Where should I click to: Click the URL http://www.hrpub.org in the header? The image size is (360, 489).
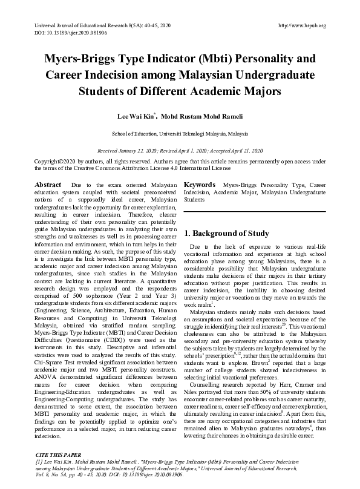tap(301, 25)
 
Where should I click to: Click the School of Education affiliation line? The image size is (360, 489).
tap(180, 133)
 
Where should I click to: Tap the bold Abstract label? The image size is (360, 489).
tap(48, 184)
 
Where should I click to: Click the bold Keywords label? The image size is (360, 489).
tap(200, 184)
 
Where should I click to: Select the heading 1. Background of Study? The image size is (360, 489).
tap(227, 233)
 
